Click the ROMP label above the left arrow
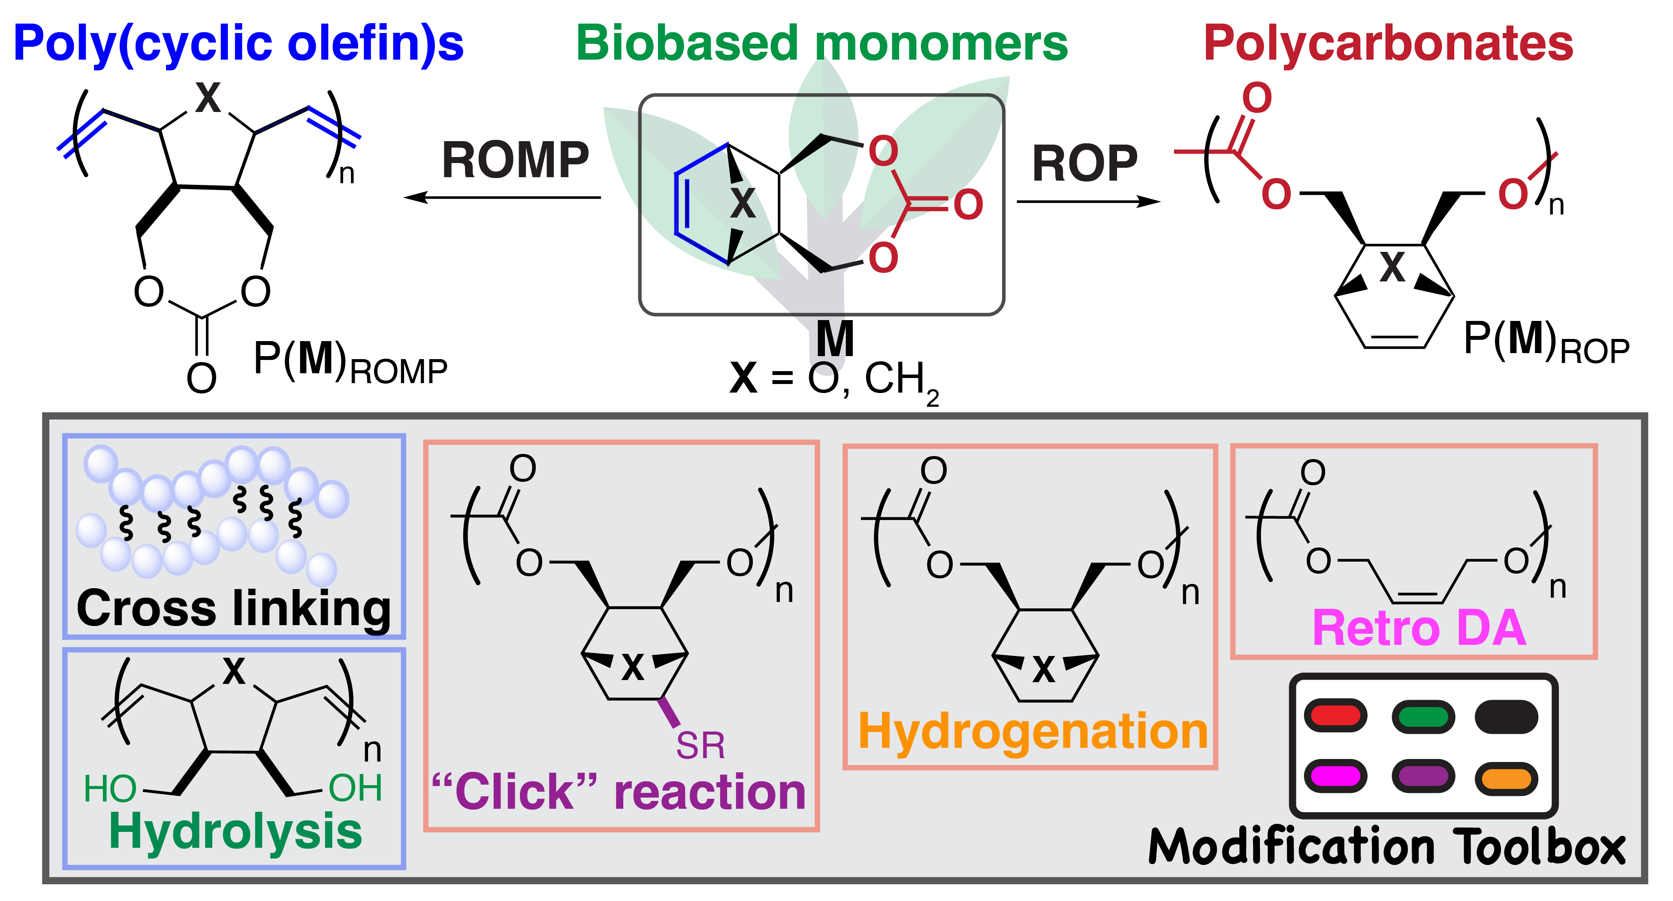click(x=515, y=160)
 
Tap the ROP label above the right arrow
click(x=1084, y=164)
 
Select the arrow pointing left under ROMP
click(x=501, y=197)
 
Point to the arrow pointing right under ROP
click(x=1088, y=201)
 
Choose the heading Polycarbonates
click(x=1388, y=43)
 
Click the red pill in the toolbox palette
click(x=1335, y=716)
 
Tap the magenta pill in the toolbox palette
click(x=1335, y=776)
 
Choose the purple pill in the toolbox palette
click(x=1423, y=776)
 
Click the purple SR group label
click(x=700, y=746)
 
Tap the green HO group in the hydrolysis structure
click(x=110, y=789)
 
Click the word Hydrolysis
click(x=235, y=831)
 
